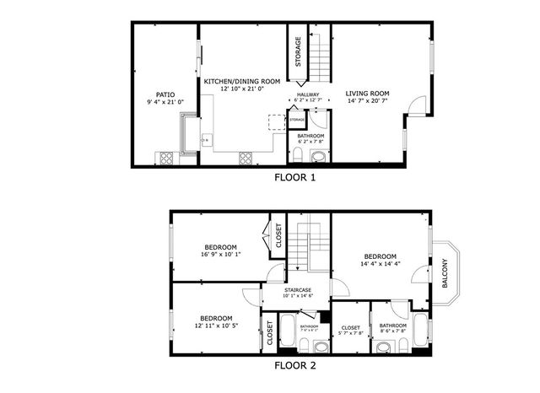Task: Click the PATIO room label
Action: (x=165, y=94)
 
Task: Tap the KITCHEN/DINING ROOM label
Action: (x=243, y=81)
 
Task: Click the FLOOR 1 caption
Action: (x=295, y=177)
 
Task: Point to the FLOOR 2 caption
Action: (x=295, y=365)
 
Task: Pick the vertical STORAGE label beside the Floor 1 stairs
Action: (x=299, y=52)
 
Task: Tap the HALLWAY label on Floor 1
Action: (x=307, y=94)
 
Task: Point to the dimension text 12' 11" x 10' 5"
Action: (x=216, y=325)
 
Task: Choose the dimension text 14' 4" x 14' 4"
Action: (x=381, y=264)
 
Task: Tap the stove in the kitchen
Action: (x=246, y=156)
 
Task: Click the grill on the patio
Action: (x=165, y=157)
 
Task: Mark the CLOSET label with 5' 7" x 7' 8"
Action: (x=351, y=327)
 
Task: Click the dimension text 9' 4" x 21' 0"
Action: (x=165, y=102)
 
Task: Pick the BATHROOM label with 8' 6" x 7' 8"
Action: (x=392, y=326)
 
